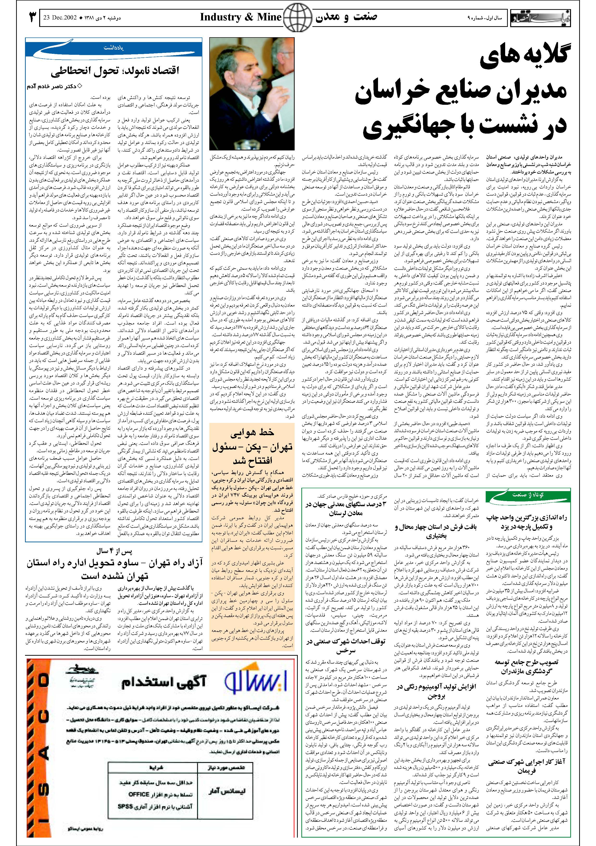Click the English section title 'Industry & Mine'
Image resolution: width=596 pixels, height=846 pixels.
[240, 17]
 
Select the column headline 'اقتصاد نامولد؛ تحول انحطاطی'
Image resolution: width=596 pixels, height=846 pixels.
[115, 70]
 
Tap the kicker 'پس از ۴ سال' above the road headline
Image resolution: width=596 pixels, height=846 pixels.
[114, 552]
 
